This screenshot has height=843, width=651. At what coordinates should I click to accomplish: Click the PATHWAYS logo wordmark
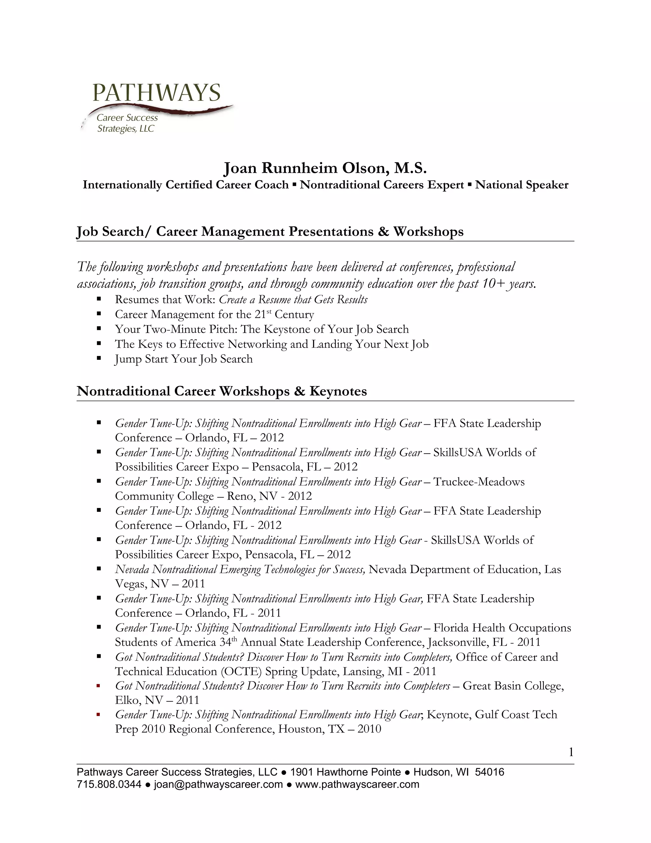(156, 93)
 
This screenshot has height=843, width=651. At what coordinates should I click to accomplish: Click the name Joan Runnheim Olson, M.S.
(325, 168)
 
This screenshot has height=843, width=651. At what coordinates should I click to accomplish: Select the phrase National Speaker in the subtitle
(521, 185)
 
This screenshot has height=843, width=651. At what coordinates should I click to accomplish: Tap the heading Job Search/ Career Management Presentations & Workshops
(270, 232)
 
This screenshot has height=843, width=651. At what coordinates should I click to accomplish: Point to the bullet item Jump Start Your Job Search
(184, 359)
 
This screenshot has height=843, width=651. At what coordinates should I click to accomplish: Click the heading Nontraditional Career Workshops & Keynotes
(222, 391)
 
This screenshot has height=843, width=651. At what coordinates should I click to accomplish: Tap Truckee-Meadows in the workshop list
(479, 482)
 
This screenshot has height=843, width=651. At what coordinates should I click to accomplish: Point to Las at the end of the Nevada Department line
(552, 569)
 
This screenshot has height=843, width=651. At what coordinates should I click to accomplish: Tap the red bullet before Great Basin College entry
(99, 686)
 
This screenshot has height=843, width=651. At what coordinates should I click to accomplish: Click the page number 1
(571, 752)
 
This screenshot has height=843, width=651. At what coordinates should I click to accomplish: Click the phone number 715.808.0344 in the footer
(109, 785)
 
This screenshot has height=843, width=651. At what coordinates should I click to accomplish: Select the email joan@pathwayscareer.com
(218, 785)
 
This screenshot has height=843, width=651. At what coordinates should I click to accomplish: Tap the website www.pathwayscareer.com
(357, 785)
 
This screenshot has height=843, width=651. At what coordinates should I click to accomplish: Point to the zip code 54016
(490, 772)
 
